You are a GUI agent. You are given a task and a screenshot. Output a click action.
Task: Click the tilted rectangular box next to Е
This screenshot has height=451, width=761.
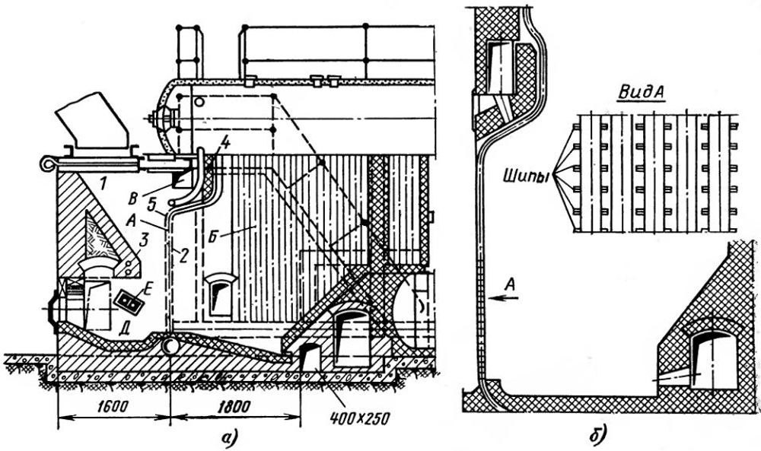128,302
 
